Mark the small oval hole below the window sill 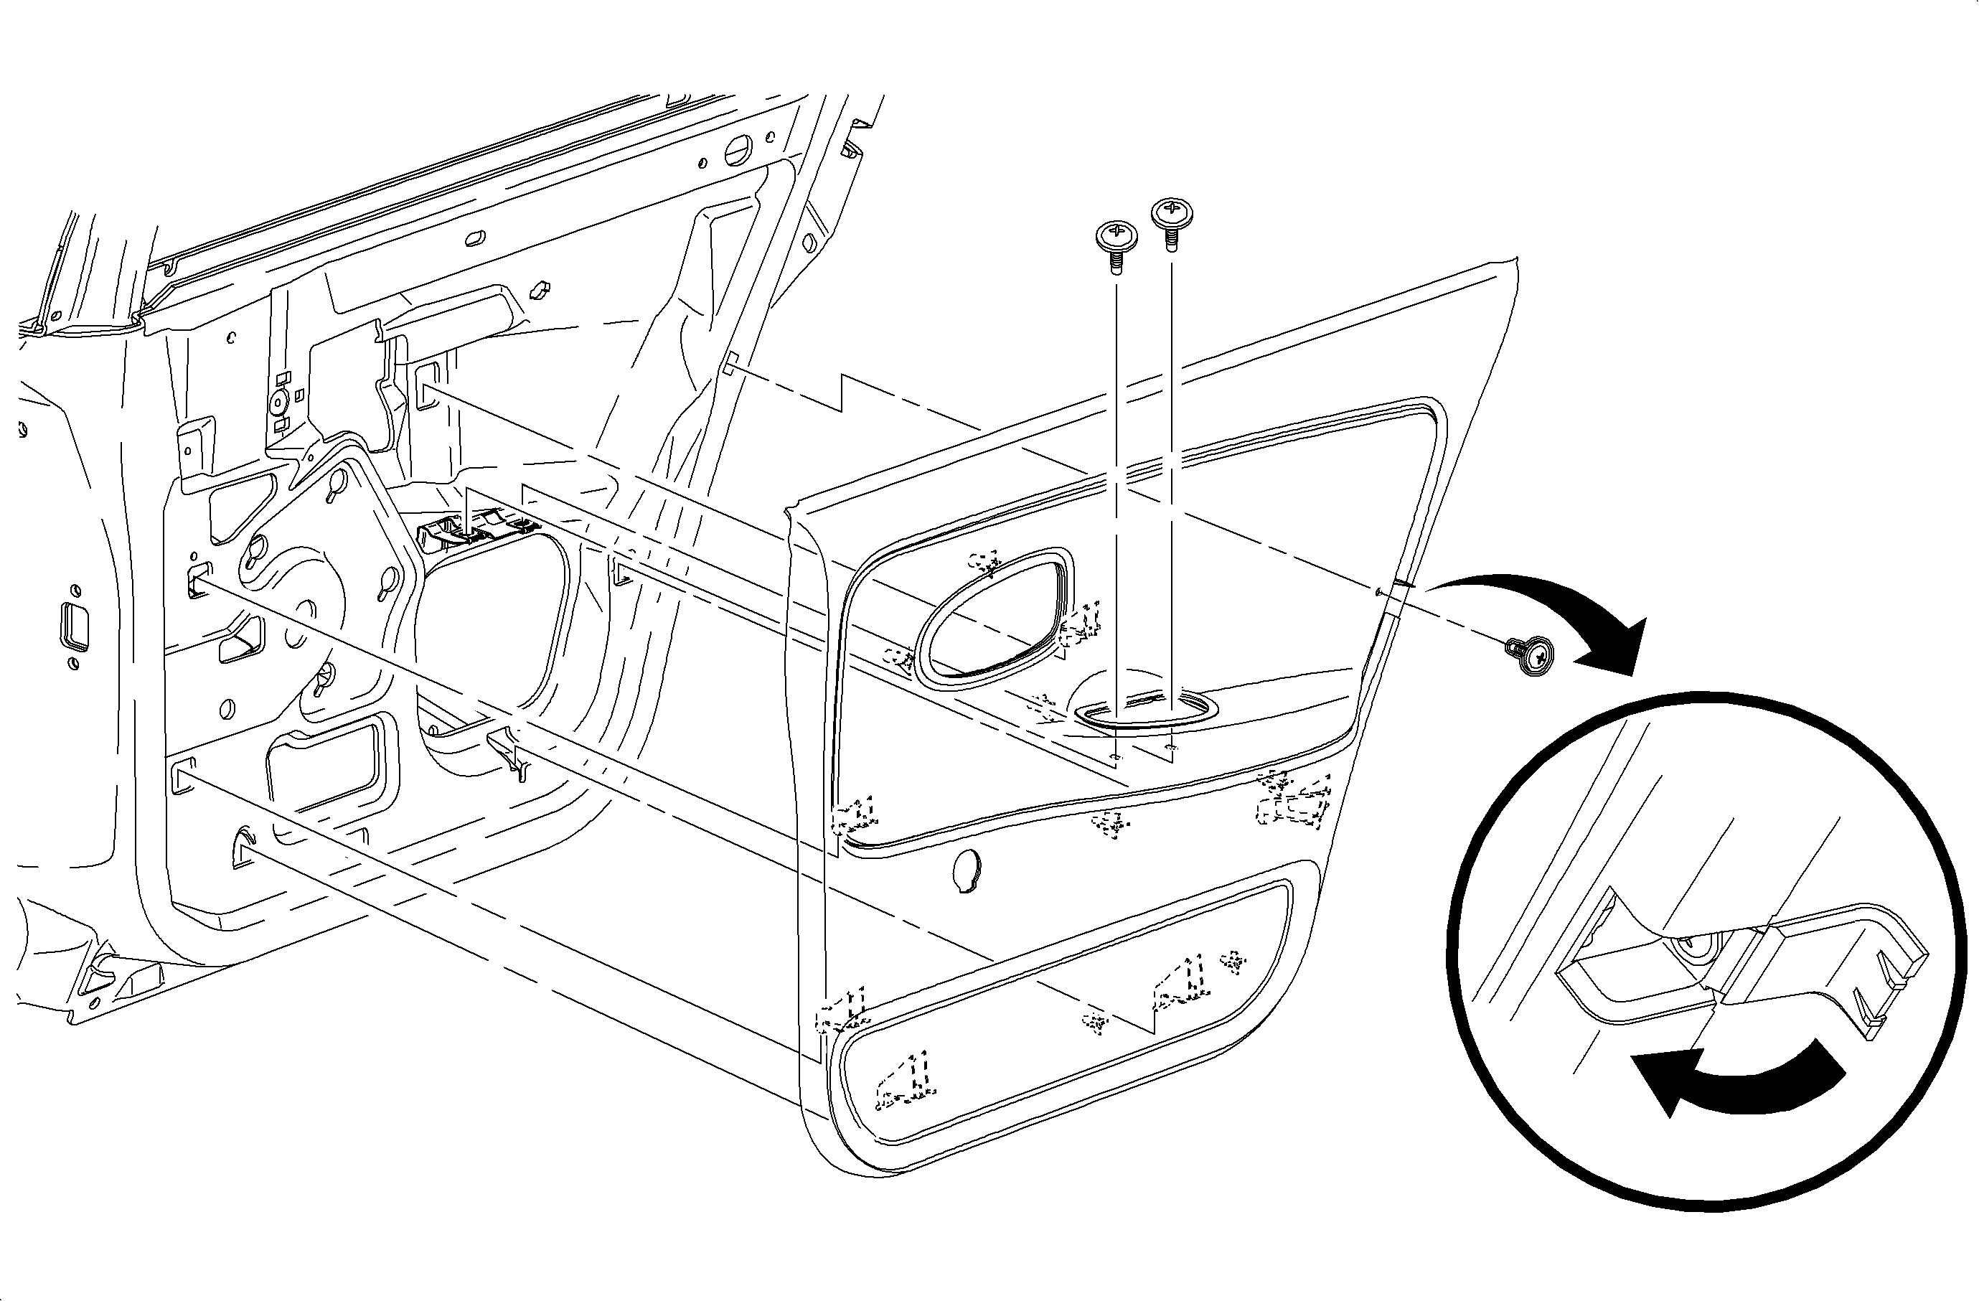click(x=476, y=237)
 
